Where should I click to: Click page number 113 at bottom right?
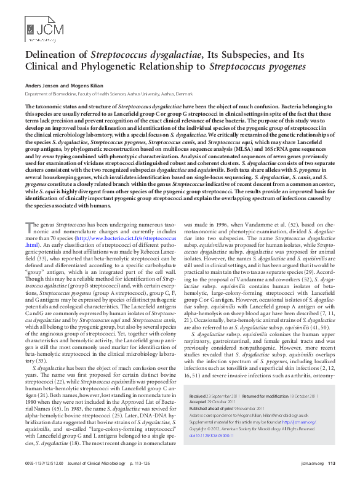point(332,464)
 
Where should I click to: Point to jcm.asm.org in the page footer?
point(313,464)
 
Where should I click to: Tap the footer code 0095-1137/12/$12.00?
point(42,464)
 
